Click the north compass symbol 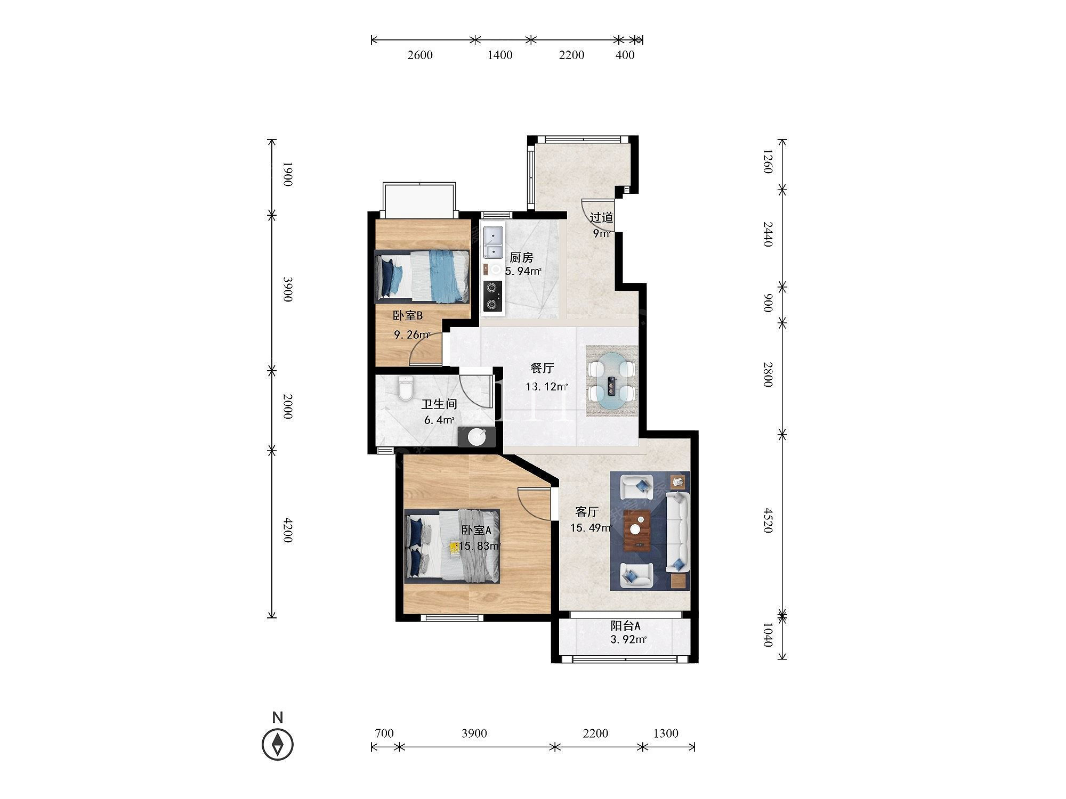pyautogui.click(x=278, y=744)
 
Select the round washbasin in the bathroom pyautogui.click(x=477, y=437)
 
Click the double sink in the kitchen pyautogui.click(x=493, y=242)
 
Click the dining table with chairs pyautogui.click(x=612, y=380)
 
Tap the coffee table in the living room pyautogui.click(x=637, y=529)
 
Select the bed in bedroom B pyautogui.click(x=422, y=274)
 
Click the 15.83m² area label pyautogui.click(x=480, y=546)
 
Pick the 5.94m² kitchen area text pyautogui.click(x=523, y=271)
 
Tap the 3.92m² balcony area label pyautogui.click(x=628, y=640)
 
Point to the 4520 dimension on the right pyautogui.click(x=768, y=520)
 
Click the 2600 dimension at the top pyautogui.click(x=420, y=55)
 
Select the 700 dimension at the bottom pyautogui.click(x=384, y=733)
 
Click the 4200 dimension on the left pyautogui.click(x=288, y=530)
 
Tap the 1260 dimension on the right pyautogui.click(x=768, y=161)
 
